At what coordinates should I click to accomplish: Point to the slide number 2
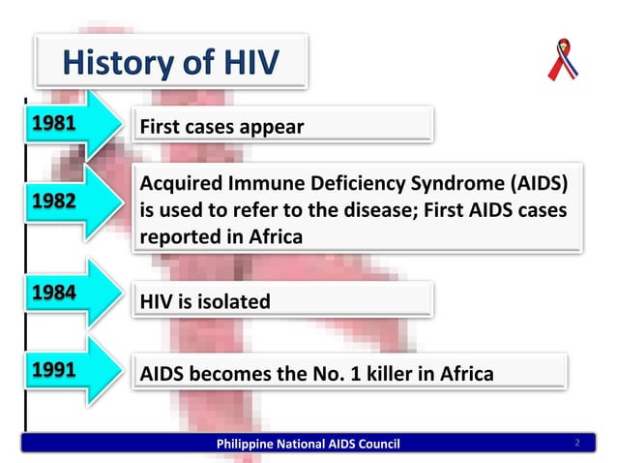click(x=576, y=444)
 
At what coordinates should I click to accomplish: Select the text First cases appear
click(x=222, y=127)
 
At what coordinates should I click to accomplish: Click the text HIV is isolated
click(x=206, y=302)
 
